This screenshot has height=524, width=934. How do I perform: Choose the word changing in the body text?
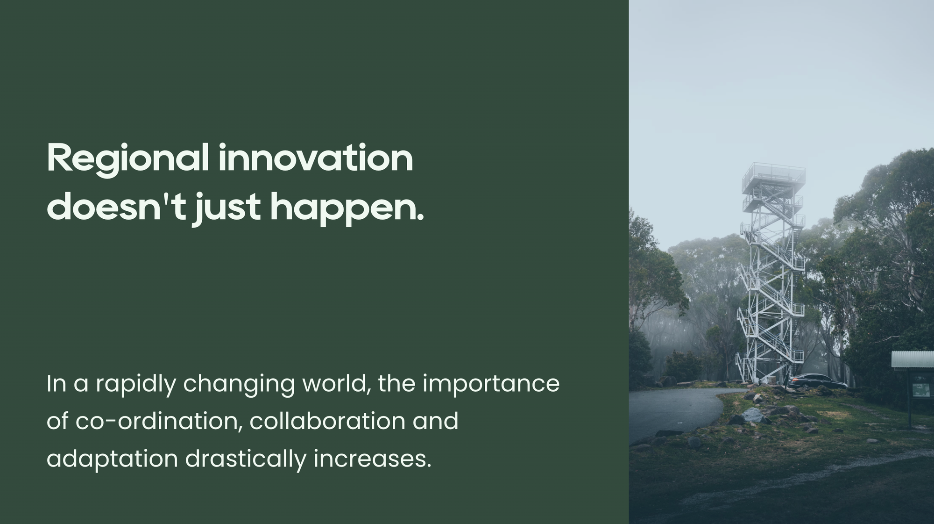pos(239,385)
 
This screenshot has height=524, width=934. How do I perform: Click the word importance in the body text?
pos(491,385)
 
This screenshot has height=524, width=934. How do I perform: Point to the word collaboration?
pos(327,421)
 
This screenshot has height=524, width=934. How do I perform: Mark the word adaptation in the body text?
pos(113,459)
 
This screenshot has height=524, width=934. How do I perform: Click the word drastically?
pos(246,459)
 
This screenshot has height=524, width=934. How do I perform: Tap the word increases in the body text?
pos(372,459)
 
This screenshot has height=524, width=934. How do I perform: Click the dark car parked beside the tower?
pos(818,381)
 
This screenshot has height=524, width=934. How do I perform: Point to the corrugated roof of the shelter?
pos(913,359)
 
